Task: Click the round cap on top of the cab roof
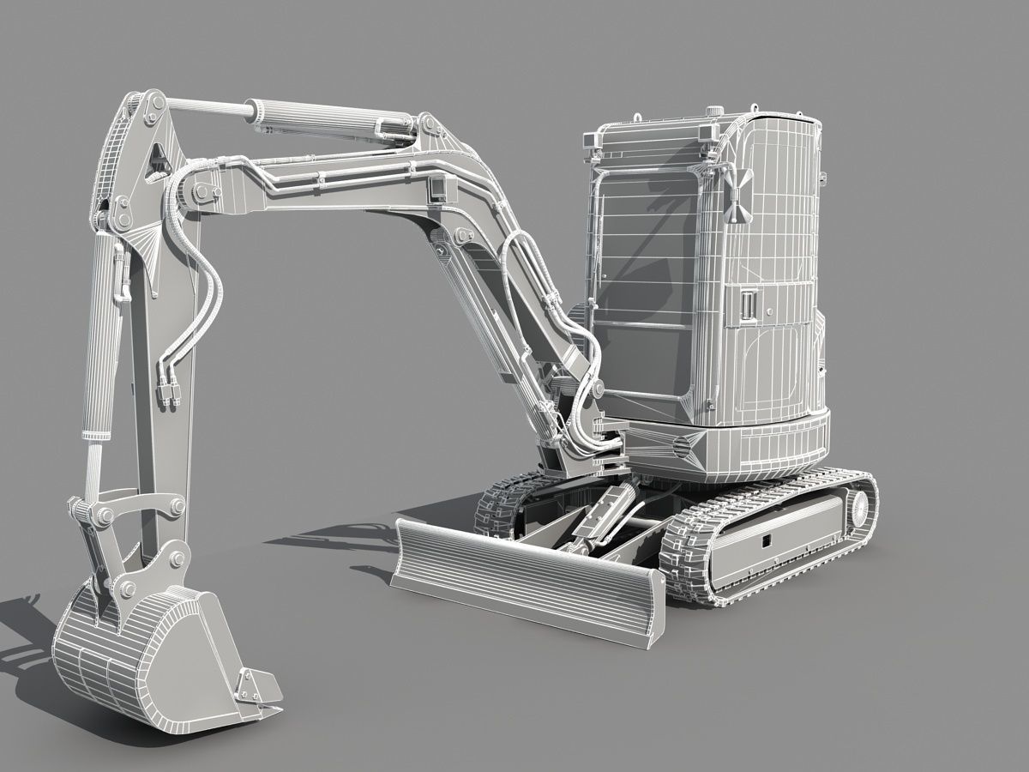click(x=713, y=111)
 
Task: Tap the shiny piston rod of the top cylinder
click(x=206, y=106)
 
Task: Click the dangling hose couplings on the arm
click(x=168, y=390)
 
